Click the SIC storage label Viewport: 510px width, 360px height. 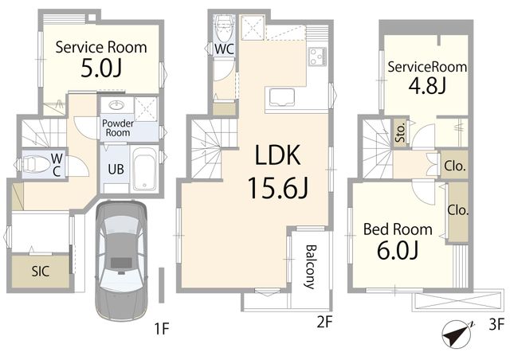click(41, 272)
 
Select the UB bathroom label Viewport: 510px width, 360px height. click(116, 169)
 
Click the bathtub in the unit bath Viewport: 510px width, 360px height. click(144, 170)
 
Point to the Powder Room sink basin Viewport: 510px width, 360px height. click(116, 104)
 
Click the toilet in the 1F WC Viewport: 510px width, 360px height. click(31, 165)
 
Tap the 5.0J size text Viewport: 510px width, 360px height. click(101, 68)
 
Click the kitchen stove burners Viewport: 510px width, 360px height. click(317, 57)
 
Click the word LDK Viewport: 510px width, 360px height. click(277, 155)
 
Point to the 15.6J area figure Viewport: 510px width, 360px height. click(277, 188)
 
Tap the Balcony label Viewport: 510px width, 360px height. click(311, 267)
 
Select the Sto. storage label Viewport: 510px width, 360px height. click(401, 132)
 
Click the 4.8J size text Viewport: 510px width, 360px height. click(427, 86)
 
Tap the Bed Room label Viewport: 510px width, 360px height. click(398, 229)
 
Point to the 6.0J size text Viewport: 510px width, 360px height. click(398, 250)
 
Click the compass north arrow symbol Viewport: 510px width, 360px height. click(457, 335)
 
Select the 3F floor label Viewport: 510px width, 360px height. click(496, 325)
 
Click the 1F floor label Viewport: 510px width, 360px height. click(162, 329)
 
